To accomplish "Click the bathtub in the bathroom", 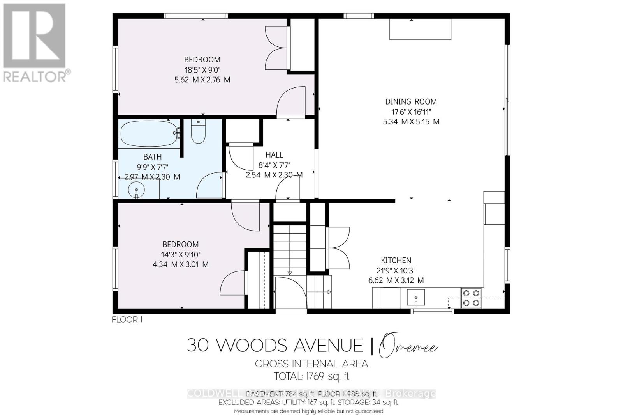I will [150, 134].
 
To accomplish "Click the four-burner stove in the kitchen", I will [471, 298].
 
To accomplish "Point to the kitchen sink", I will [416, 298].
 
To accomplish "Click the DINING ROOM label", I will [411, 101].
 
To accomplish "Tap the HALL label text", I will [274, 155].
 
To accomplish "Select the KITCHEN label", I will [396, 260].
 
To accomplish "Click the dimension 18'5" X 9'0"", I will [202, 70].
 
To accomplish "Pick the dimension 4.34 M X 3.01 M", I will [180, 264].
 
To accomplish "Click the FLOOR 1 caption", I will [127, 320].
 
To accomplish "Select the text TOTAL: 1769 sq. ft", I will [311, 376].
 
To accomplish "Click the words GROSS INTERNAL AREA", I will [311, 364].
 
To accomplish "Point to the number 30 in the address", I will [197, 345].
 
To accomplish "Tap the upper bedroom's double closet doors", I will [276, 48].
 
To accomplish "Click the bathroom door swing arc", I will [209, 185].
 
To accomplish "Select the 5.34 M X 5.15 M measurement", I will [411, 122].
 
